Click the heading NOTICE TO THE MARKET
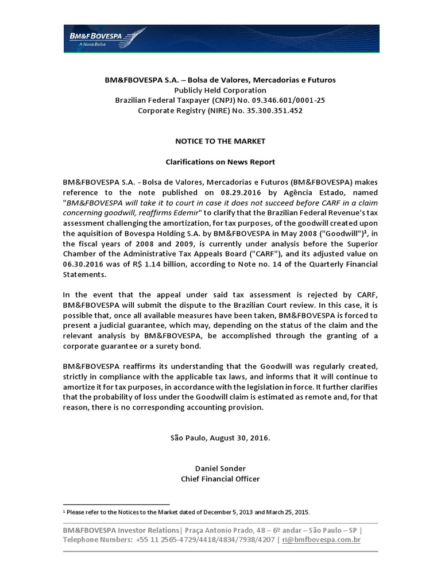[220, 141]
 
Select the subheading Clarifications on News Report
[220, 162]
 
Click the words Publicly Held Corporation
[220, 90]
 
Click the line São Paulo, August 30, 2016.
[220, 438]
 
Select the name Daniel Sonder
[220, 469]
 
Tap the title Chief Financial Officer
[220, 478]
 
